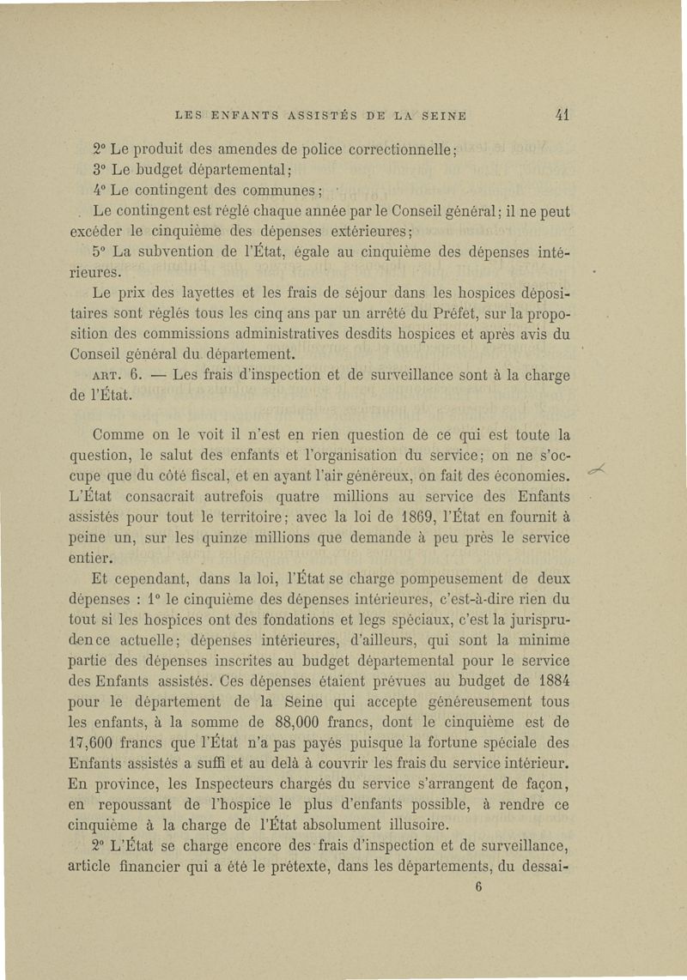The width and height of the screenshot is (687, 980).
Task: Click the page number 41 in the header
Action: [x=563, y=113]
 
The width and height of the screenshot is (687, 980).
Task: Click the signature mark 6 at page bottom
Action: [x=477, y=889]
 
